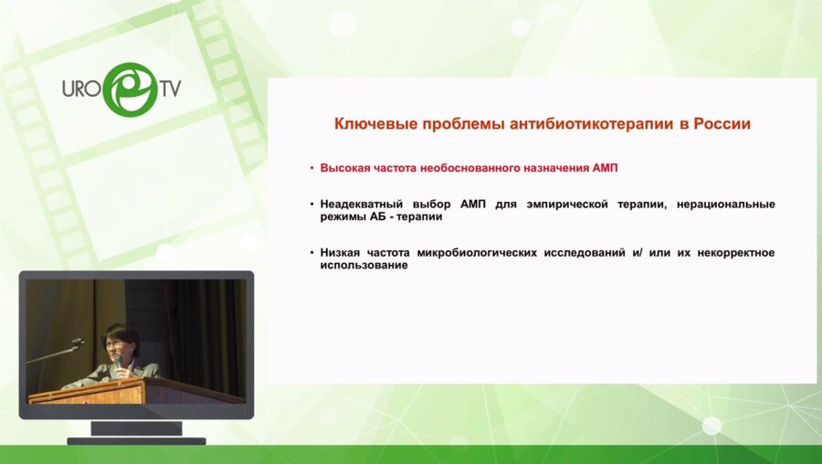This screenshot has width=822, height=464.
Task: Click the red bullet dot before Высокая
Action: tap(311, 168)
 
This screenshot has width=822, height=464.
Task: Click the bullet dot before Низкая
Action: tap(311, 252)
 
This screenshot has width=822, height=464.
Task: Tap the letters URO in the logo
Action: tap(81, 91)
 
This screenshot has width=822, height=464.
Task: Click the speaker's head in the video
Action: tap(120, 339)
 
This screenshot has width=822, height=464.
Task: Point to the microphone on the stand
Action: tap(77, 343)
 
